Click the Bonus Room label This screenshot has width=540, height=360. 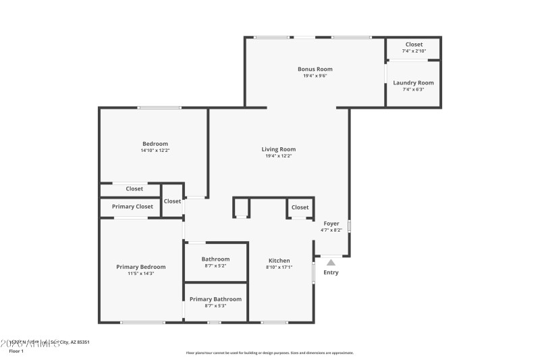click(315, 69)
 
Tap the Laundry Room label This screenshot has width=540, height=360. click(413, 83)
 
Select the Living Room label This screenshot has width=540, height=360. click(279, 149)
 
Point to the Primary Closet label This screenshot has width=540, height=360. click(132, 207)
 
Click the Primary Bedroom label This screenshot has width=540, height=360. click(140, 267)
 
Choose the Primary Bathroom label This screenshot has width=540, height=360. click(215, 299)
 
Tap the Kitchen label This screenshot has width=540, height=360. click(279, 261)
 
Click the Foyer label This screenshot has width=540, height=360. click(331, 224)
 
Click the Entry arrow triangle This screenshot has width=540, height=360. click(331, 262)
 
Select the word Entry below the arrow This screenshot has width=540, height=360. click(331, 273)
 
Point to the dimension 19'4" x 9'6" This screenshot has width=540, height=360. click(315, 76)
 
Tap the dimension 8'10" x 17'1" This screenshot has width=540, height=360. click(279, 267)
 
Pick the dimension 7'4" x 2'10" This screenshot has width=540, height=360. click(414, 51)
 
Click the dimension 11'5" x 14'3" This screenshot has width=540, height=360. click(140, 274)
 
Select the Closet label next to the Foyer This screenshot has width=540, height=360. click(300, 207)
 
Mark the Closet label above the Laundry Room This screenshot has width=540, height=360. click(414, 45)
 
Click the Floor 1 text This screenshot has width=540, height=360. click(16, 351)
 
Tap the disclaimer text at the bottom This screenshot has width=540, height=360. click(269, 353)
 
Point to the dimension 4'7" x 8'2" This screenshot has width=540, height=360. click(331, 230)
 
